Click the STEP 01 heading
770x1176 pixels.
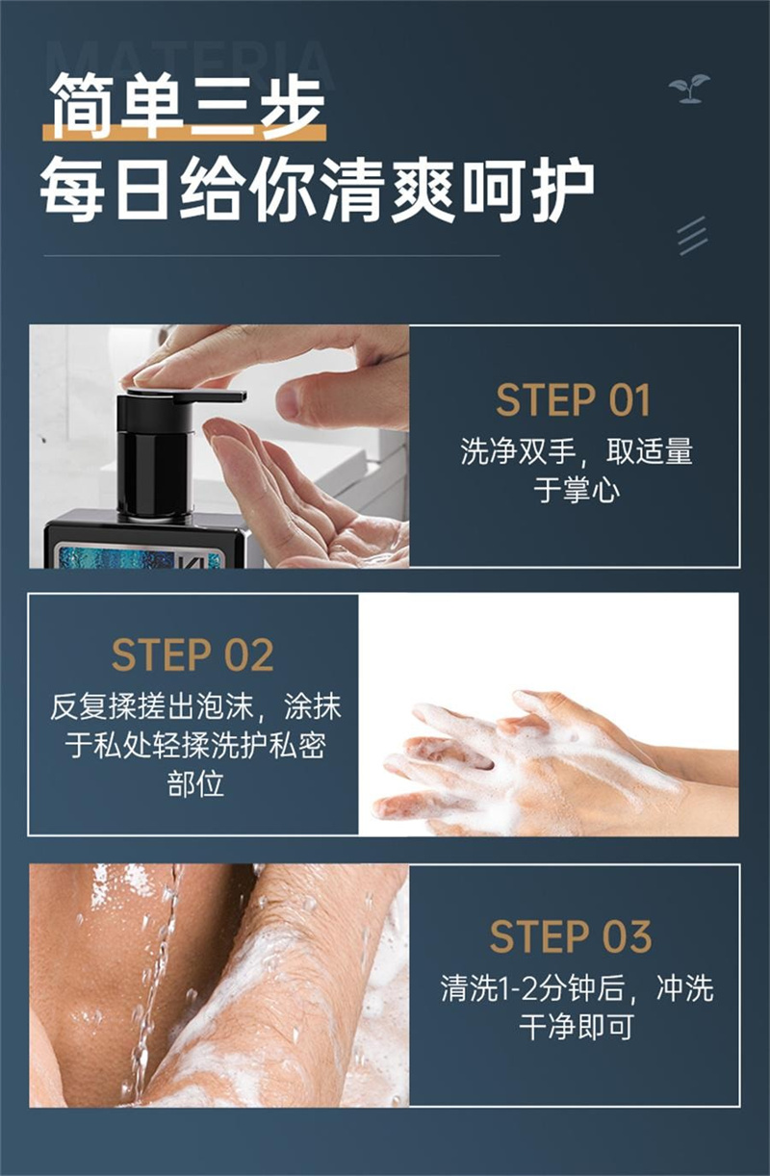(573, 400)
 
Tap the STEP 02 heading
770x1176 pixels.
(192, 654)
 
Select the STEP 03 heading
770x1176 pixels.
(571, 936)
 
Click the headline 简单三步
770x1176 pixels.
(187, 104)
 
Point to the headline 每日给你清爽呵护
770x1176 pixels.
(318, 189)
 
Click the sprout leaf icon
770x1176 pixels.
(689, 89)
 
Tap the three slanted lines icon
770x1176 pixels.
(692, 236)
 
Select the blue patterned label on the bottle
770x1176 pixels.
(134, 557)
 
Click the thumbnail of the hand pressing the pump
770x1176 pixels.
(219, 447)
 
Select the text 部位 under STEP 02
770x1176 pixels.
(195, 783)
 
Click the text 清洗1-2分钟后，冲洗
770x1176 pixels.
(577, 988)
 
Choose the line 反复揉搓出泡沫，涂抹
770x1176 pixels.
(195, 706)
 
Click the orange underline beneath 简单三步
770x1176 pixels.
(184, 132)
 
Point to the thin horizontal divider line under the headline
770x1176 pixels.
(271, 256)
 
